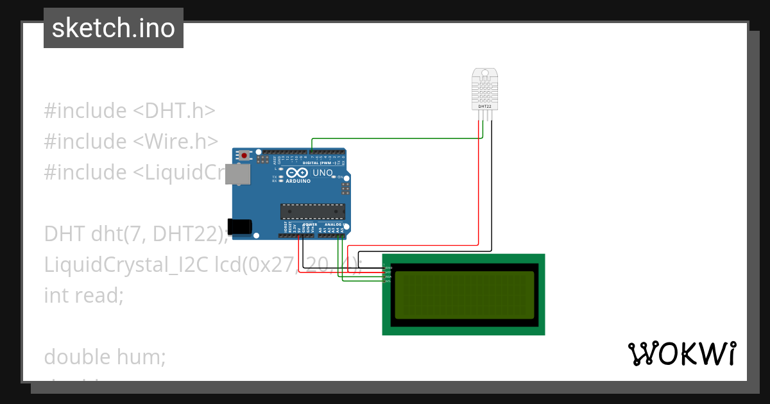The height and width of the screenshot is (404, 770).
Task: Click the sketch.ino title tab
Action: coord(114,28)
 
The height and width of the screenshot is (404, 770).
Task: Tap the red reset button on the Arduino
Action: coord(244,155)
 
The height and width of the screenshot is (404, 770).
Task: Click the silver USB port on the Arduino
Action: coord(239,175)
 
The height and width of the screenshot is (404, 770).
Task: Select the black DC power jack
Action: coord(240,226)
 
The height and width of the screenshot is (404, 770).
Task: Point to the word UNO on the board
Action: coord(322,173)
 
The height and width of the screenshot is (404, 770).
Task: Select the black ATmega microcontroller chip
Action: coord(312,212)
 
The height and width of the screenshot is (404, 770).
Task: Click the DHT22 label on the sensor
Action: coord(484,106)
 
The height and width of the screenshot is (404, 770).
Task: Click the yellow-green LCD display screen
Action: coord(464,295)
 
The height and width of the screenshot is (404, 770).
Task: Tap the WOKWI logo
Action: coord(681,354)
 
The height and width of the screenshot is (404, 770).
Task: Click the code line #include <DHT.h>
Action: coord(129,111)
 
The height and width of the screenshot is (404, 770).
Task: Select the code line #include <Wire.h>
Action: coord(131,142)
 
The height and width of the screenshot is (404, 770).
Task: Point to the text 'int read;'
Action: coord(83,295)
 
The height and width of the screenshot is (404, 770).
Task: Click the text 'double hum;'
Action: coord(105,357)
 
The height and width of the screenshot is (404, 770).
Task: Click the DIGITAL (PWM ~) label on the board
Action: coord(328,163)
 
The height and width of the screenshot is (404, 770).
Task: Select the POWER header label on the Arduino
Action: coord(310,225)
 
